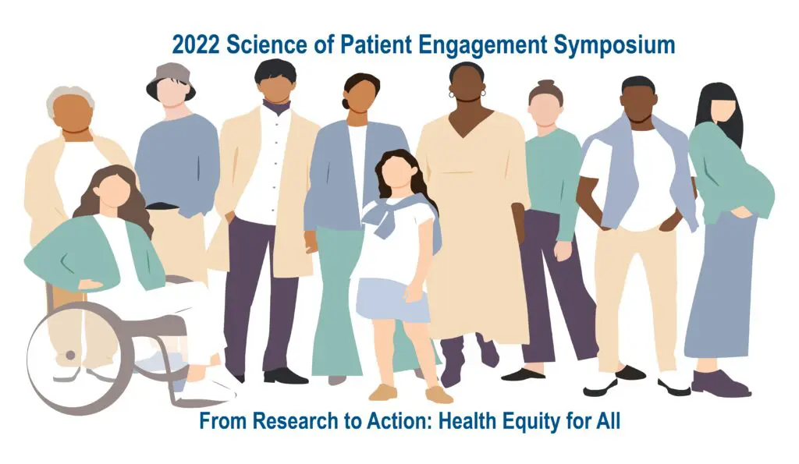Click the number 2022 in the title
click(x=196, y=44)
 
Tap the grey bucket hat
click(x=171, y=82)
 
